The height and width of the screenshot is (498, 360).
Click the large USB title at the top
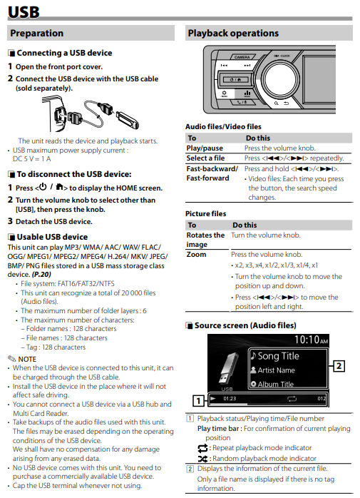click(x=24, y=12)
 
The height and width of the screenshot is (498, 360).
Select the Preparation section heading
click(x=37, y=33)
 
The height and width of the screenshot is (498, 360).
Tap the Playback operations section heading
click(x=233, y=33)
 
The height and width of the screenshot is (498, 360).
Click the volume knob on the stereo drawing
click(x=280, y=79)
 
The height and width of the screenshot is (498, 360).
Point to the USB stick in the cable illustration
click(x=128, y=120)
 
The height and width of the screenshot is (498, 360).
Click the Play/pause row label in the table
click(x=205, y=148)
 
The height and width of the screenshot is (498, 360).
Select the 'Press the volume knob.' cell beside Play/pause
click(x=280, y=148)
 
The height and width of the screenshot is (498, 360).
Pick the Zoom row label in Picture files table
click(x=196, y=255)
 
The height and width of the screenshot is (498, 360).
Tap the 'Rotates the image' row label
click(x=205, y=240)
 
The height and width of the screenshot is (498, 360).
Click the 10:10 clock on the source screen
click(x=311, y=340)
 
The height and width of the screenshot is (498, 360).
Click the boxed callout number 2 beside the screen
click(x=339, y=366)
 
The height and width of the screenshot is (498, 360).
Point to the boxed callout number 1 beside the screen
click(x=198, y=401)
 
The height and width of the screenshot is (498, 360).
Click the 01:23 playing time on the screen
click(x=230, y=399)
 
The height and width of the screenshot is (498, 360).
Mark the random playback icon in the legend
click(x=202, y=459)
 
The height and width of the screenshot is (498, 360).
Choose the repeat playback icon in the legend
click(x=202, y=448)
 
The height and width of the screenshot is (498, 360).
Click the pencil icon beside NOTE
click(x=11, y=359)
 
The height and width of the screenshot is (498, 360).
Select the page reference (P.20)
click(x=41, y=274)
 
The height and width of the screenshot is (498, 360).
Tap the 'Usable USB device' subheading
click(x=52, y=237)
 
